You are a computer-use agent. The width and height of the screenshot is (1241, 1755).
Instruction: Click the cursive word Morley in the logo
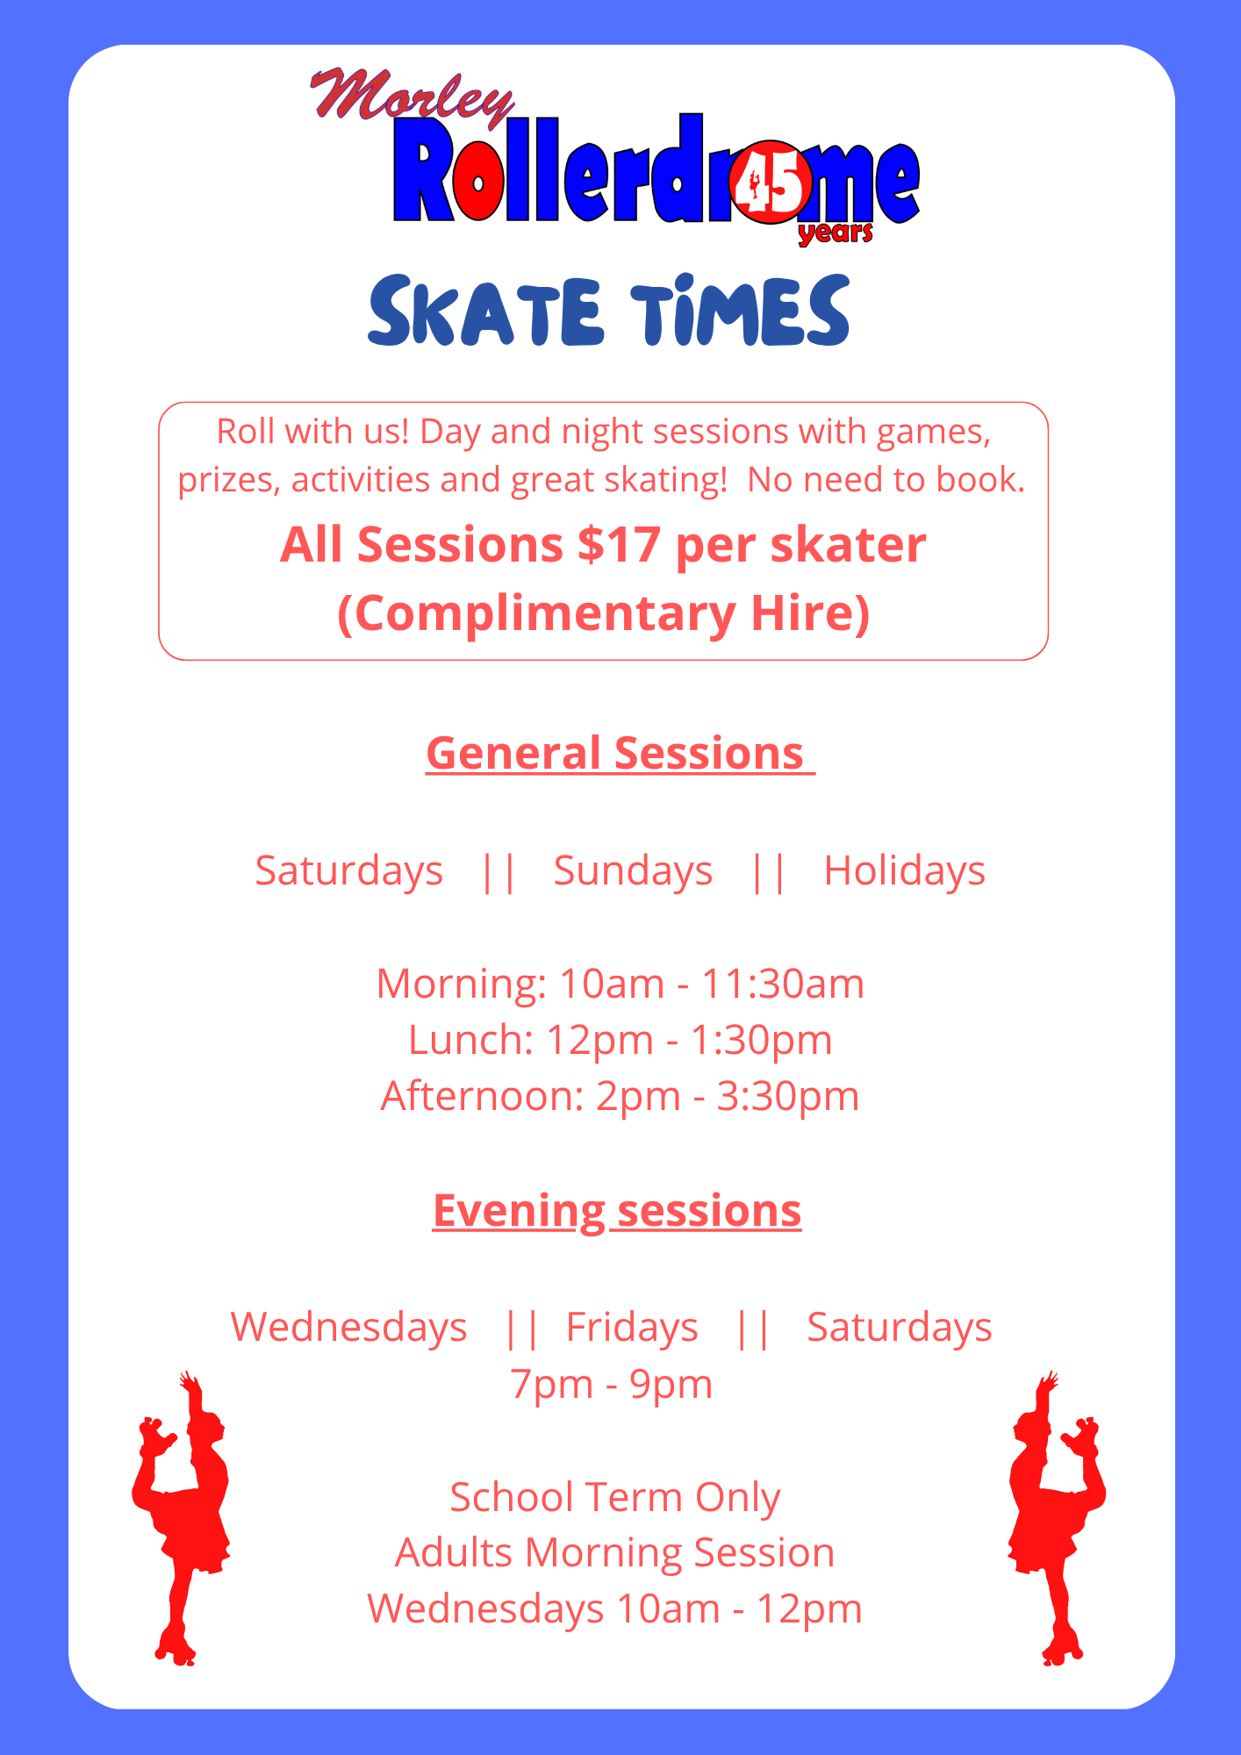(412, 97)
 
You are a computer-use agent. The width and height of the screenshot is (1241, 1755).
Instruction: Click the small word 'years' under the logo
(836, 233)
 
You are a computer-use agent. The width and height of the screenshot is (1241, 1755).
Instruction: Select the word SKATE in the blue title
(485, 311)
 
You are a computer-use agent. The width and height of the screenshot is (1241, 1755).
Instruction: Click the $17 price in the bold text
(619, 544)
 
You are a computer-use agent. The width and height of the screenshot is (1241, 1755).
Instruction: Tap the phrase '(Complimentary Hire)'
(604, 612)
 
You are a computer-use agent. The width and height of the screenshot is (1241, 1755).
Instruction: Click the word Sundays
(633, 870)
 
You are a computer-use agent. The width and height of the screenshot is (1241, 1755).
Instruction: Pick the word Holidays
(904, 870)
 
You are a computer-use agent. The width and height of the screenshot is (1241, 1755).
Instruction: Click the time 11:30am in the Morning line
(783, 984)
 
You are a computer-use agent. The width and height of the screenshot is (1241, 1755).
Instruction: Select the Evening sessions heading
(617, 1211)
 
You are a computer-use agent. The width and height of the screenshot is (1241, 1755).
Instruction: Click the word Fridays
(632, 1327)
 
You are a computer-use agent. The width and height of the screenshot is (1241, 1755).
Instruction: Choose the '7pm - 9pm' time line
(612, 1384)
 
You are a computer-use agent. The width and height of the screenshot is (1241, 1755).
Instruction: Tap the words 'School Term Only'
(615, 1497)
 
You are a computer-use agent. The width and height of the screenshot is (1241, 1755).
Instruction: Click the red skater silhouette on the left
(182, 1518)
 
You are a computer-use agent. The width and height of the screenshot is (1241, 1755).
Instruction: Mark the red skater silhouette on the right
(1058, 1518)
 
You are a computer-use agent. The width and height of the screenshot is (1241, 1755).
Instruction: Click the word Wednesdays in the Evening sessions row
(348, 1327)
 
